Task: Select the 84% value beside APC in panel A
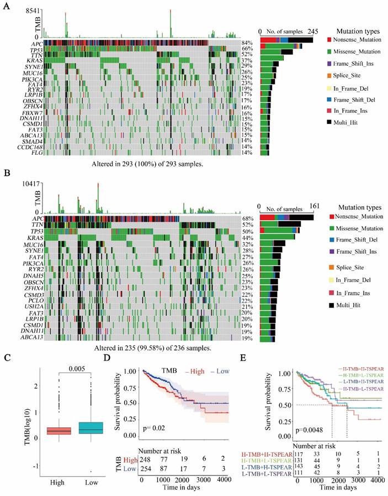(247, 43)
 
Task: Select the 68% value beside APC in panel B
(247, 219)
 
